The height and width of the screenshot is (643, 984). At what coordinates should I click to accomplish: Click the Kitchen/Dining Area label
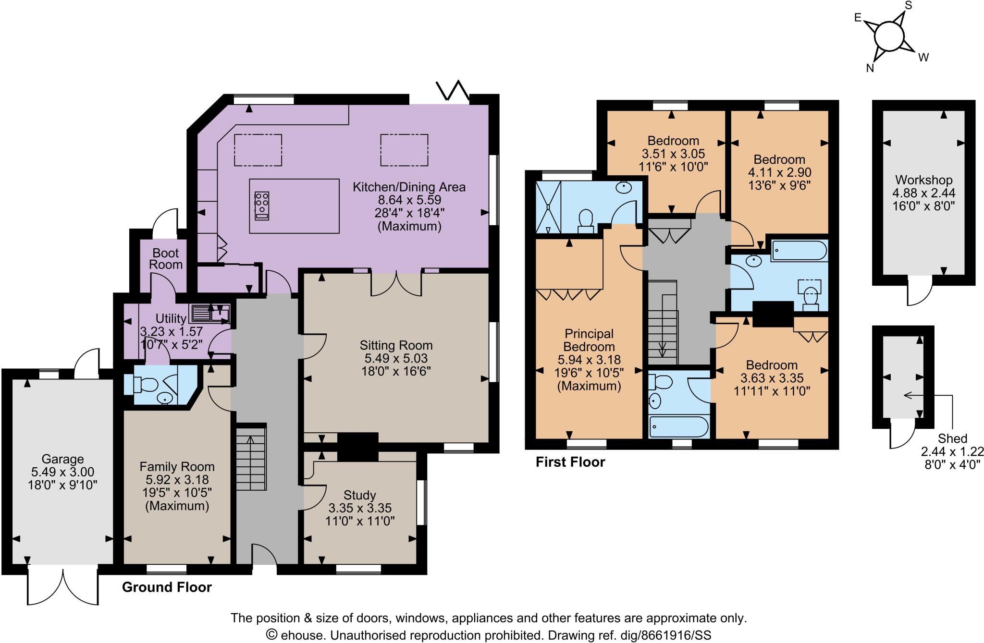tap(409, 187)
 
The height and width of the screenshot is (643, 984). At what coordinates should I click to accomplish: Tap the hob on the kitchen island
tap(262, 206)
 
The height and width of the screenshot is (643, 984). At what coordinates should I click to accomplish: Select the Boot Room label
tap(165, 258)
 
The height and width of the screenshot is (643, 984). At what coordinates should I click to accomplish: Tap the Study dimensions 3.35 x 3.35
tap(360, 508)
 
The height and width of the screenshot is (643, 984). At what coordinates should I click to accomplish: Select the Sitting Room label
tap(396, 345)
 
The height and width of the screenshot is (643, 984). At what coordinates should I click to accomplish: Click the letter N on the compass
tap(870, 68)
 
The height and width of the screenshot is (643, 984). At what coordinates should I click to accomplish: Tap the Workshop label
tap(923, 180)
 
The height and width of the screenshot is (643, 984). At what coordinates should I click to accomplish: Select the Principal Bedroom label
tap(589, 340)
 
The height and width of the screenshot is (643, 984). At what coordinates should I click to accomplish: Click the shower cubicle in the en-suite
tap(548, 207)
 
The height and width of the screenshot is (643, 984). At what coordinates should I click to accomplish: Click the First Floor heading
tap(570, 462)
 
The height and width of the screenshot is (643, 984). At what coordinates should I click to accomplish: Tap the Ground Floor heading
tap(167, 587)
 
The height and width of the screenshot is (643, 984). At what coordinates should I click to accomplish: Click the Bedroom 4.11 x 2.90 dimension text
tap(779, 172)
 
